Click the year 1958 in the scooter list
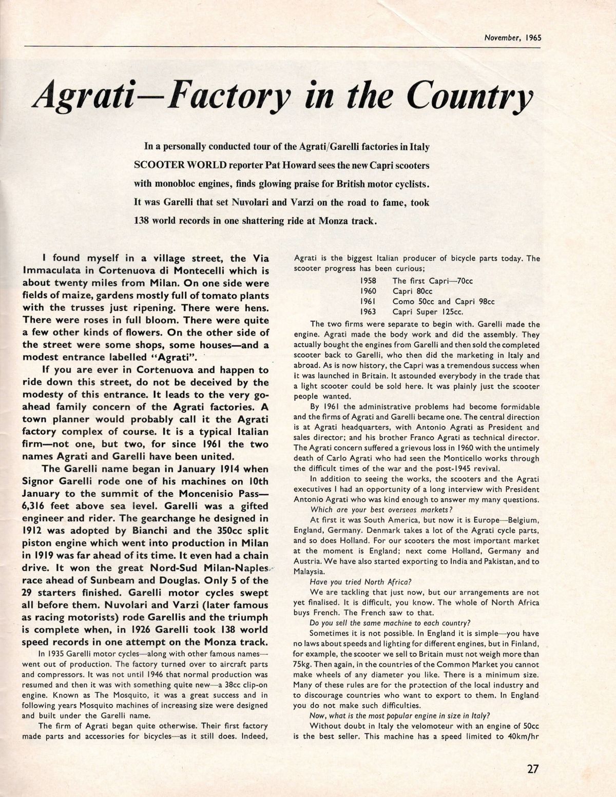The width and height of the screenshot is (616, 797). [368, 281]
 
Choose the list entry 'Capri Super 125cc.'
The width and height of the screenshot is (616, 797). [428, 312]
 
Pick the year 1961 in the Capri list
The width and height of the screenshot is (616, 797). [368, 301]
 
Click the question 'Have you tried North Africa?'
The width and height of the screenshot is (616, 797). [358, 582]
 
